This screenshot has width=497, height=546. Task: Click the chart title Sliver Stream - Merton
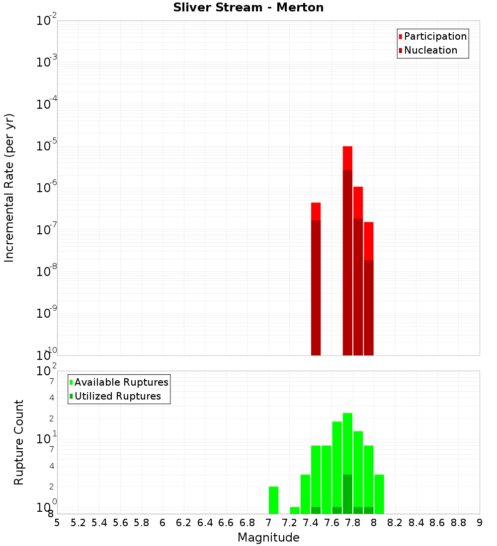[x=248, y=7]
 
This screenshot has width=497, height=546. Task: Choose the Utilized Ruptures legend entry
[x=117, y=396]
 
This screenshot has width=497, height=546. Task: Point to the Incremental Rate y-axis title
[x=9, y=188]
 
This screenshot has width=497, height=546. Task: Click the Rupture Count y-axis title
[x=19, y=442]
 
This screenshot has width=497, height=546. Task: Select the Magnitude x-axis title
[x=268, y=538]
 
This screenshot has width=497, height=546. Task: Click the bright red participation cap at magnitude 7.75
[x=347, y=158]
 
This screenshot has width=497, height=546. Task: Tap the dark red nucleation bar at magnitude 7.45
[x=316, y=288]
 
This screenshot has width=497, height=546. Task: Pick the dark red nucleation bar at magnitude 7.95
[x=368, y=308]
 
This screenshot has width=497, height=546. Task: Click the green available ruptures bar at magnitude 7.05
[x=273, y=500]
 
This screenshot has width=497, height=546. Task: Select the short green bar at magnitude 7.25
[x=295, y=510]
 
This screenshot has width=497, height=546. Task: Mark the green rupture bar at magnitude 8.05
[x=379, y=494]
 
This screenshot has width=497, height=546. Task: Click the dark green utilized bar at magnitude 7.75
[x=347, y=494]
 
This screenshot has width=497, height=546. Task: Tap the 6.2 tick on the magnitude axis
[x=184, y=523]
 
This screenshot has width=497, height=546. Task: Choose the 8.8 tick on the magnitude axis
[x=458, y=523]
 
